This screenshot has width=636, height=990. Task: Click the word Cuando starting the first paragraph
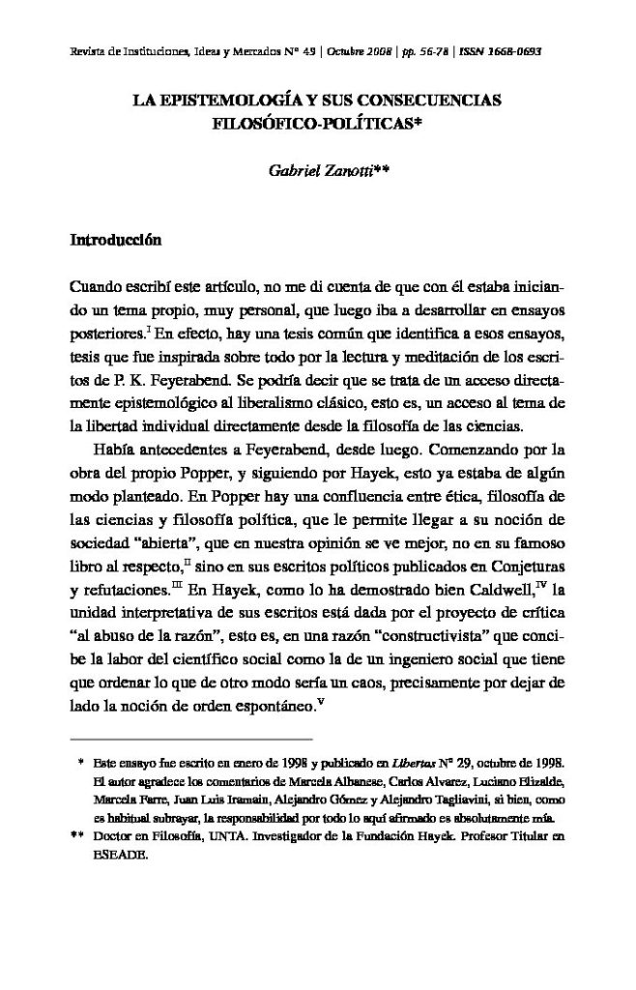point(98,288)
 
